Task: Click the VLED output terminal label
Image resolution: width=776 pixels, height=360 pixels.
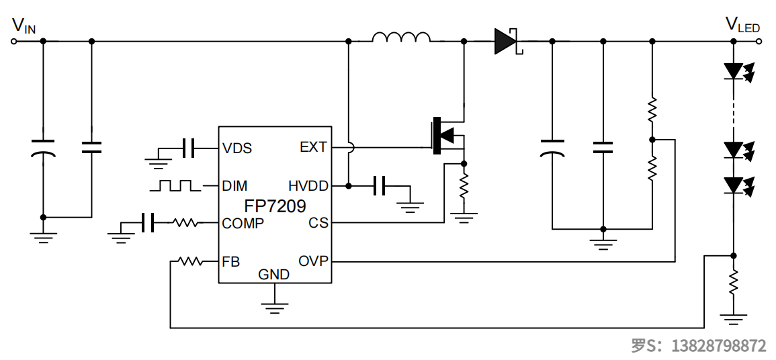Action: tap(742, 25)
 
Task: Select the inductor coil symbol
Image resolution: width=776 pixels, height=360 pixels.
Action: tap(401, 38)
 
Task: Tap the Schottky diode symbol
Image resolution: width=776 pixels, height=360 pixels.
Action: tap(505, 41)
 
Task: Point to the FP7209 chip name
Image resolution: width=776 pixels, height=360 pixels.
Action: tap(274, 205)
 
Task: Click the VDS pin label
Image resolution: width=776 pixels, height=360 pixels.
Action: tap(237, 148)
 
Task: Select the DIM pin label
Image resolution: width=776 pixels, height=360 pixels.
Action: tap(234, 185)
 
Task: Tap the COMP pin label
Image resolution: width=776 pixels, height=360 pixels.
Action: tap(243, 224)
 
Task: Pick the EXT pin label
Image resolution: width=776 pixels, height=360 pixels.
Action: tap(313, 147)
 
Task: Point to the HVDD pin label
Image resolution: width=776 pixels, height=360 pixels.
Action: tap(308, 185)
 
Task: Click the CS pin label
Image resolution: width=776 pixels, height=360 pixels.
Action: tap(318, 223)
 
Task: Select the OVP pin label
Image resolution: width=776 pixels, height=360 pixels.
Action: tap(313, 261)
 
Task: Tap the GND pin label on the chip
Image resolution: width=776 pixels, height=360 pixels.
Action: tap(274, 275)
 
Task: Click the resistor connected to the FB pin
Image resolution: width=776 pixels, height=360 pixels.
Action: tap(190, 261)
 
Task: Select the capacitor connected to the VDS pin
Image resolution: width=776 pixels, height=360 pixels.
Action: tap(189, 147)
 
